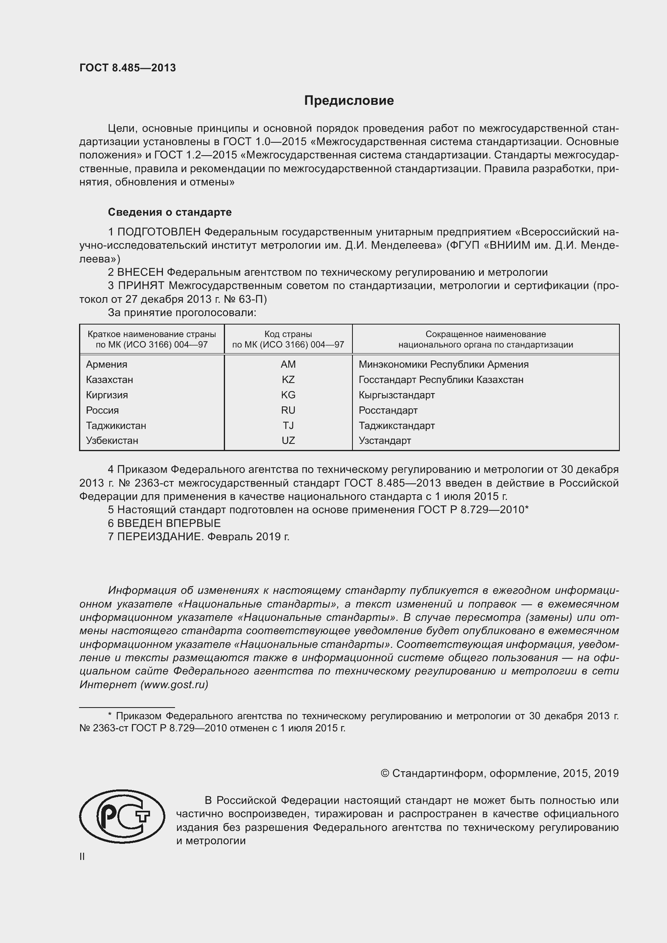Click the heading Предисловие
[x=349, y=101]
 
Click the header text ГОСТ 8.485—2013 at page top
[x=127, y=68]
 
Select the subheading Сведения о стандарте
[x=170, y=212]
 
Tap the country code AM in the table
[x=288, y=364]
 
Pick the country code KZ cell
[x=288, y=379]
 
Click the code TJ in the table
[x=288, y=425]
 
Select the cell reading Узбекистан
[x=112, y=441]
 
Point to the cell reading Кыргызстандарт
[x=396, y=395]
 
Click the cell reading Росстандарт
[x=388, y=410]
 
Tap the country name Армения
[x=106, y=364]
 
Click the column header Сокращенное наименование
[x=486, y=334]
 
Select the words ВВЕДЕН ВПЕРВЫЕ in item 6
[x=169, y=523]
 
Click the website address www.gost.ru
[x=174, y=685]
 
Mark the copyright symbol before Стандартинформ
[x=385, y=774]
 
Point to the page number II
[x=82, y=857]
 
